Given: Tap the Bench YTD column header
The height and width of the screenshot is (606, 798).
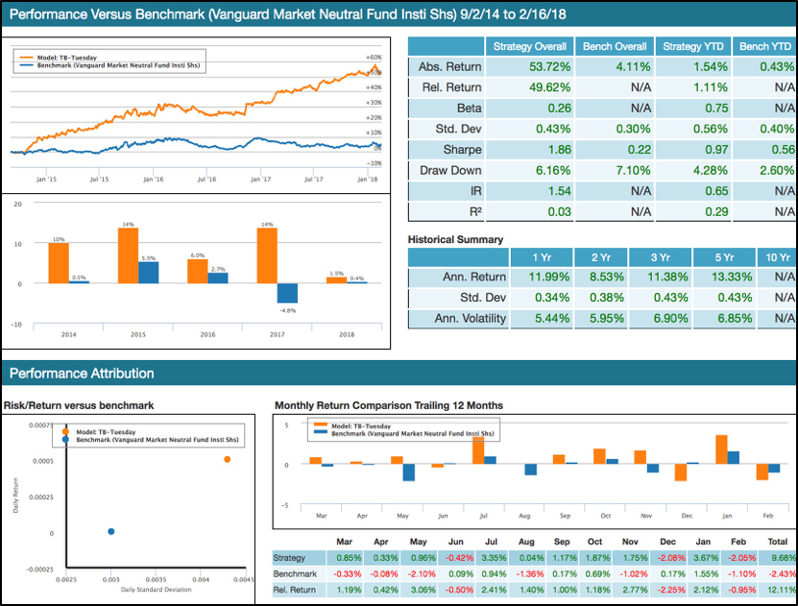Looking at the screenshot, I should (765, 46).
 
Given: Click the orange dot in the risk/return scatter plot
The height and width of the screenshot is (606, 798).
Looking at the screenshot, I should (228, 459).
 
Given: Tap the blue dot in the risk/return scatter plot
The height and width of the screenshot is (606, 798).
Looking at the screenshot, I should (111, 531).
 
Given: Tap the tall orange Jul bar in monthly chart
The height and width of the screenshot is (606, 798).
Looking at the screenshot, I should (477, 451).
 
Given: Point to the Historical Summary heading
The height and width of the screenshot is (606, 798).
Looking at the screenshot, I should (455, 239).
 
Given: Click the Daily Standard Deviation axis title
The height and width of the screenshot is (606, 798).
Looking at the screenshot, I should (155, 590).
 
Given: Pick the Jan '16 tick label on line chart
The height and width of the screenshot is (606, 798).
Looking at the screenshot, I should (152, 179).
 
